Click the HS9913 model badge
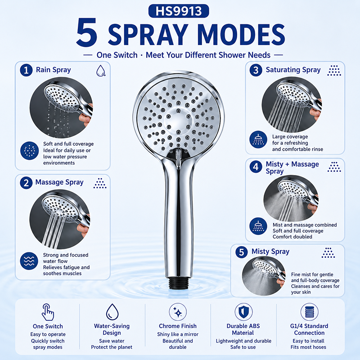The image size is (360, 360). [x=179, y=11]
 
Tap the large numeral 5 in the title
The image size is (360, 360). [x=87, y=33]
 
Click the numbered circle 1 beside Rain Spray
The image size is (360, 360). [x=26, y=70]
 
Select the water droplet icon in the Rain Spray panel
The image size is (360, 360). [x=100, y=70]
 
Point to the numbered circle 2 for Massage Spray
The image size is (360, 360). [x=26, y=183]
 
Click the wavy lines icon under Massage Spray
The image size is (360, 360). [x=29, y=261]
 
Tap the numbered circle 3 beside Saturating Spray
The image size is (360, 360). [x=256, y=70]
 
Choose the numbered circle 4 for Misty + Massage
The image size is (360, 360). [x=256, y=167]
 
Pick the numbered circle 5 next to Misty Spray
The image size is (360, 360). [x=242, y=252]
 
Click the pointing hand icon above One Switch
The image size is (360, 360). [x=48, y=312]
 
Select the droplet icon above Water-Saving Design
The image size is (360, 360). [x=112, y=312]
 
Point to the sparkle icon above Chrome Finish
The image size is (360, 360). [x=178, y=312]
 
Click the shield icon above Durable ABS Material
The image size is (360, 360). [x=243, y=312]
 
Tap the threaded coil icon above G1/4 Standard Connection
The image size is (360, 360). [x=309, y=312]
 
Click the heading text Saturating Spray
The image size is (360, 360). [x=293, y=70]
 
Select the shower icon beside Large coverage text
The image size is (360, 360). [x=258, y=139]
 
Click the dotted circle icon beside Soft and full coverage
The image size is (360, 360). [x=29, y=151]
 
